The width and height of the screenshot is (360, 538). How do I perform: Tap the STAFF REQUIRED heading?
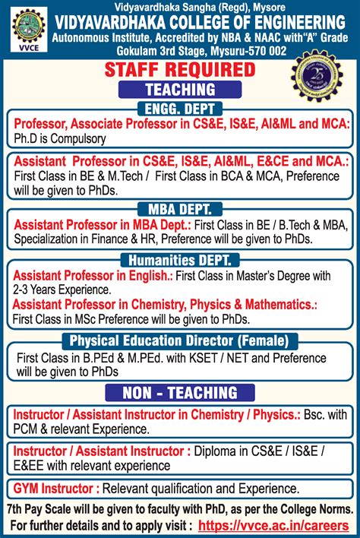[179, 71]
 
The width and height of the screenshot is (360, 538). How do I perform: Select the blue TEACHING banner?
[180, 90]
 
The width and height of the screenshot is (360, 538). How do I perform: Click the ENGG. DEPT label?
[180, 108]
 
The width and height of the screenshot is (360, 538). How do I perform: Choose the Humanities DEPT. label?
[179, 260]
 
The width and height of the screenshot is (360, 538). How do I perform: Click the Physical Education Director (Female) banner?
[179, 340]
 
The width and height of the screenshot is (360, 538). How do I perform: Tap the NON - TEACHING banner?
[180, 393]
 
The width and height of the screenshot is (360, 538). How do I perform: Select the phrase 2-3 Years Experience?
[61, 290]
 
